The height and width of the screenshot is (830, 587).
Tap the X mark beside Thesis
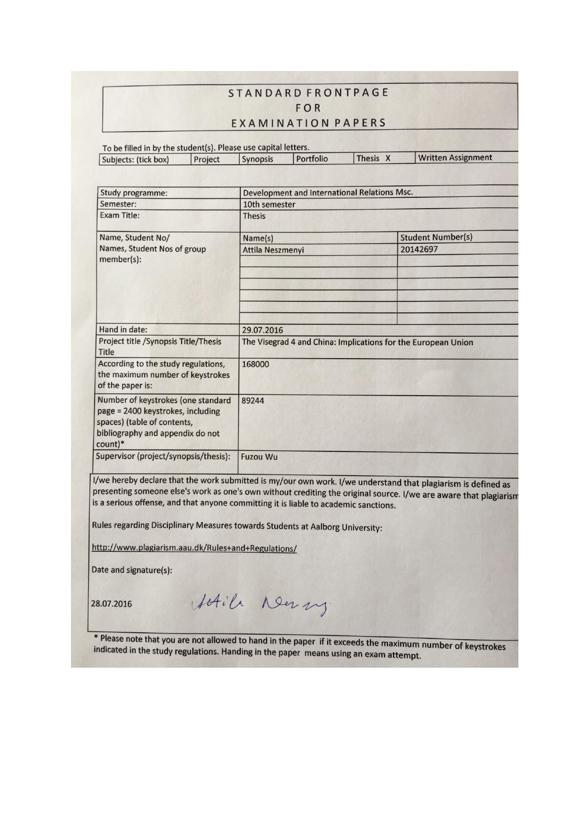388,159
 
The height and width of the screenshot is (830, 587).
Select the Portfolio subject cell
312,159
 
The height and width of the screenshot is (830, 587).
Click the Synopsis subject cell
257,159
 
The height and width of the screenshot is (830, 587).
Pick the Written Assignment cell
455,158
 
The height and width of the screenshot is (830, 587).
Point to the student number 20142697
419,249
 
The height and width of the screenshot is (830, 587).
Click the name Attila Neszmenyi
273,250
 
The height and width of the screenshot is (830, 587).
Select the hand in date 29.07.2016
263,330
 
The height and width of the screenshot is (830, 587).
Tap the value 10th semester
269,204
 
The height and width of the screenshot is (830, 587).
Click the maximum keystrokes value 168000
255,364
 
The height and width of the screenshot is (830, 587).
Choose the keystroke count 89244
253,400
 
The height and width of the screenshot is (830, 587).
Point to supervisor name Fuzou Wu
259,457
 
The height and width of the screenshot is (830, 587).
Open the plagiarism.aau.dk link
194,548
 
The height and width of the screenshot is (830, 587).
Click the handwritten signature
260,605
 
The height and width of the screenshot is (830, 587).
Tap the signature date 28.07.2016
112,604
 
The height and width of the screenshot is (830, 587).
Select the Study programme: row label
133,193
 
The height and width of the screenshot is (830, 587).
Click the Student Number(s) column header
436,237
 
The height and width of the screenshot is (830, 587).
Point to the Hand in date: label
123,329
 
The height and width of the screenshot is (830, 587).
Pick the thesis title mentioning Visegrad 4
357,342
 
